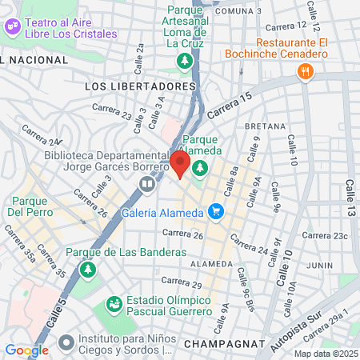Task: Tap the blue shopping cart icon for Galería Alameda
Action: pyautogui.click(x=214, y=212)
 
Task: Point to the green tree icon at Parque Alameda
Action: pyautogui.click(x=199, y=168)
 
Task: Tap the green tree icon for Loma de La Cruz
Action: pyautogui.click(x=185, y=61)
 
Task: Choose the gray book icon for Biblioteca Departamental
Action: pyautogui.click(x=146, y=185)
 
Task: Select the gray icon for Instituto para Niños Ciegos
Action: pyautogui.click(x=66, y=342)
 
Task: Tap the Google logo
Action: pyautogui.click(x=26, y=350)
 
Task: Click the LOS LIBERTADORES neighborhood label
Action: pyautogui.click(x=139, y=85)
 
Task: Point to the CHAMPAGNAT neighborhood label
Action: pyautogui.click(x=224, y=343)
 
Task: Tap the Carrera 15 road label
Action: pyautogui.click(x=234, y=100)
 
